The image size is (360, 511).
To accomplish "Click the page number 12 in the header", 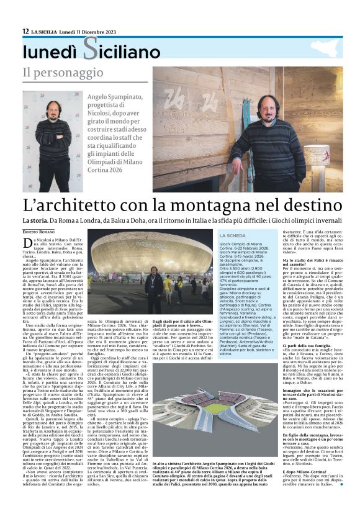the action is point(25,31).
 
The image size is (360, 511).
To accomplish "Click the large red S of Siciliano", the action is point(90,50).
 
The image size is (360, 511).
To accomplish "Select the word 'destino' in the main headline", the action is point(314,204).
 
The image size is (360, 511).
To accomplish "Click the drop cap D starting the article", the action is point(28,242).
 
